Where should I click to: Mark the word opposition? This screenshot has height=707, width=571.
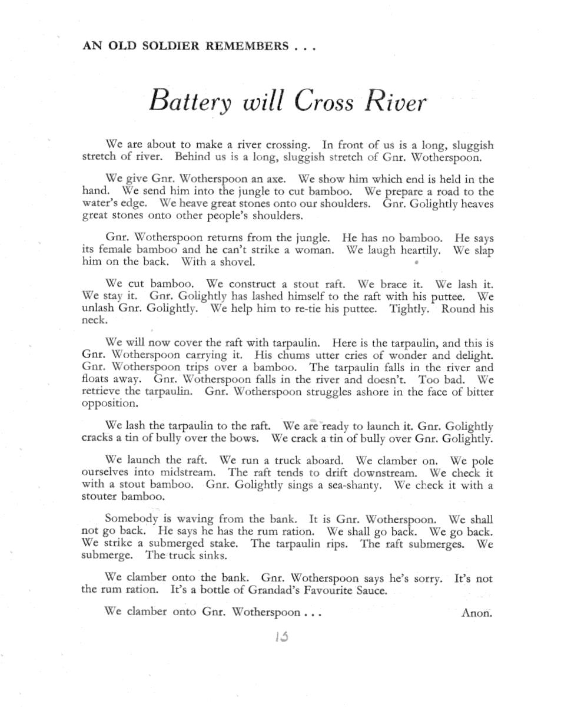[x=109, y=404]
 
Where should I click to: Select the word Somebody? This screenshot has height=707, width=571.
[x=131, y=519]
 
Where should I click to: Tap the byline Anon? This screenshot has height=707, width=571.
[x=476, y=612]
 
